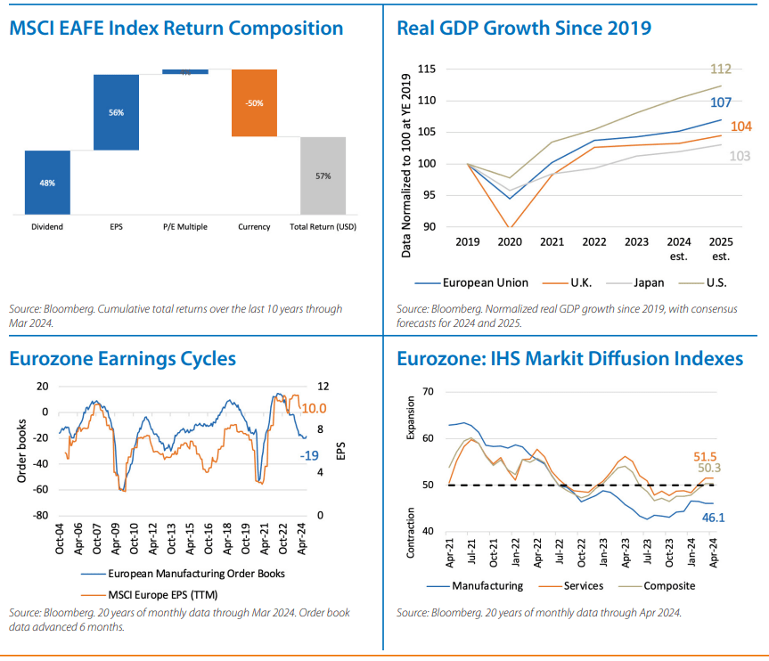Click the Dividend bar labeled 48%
point(47,183)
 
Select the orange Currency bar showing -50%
point(254,103)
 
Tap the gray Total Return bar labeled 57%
point(323,175)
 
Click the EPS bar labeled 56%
point(116,112)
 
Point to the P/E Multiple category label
point(184,227)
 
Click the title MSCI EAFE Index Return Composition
point(176,28)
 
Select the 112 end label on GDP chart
point(721,69)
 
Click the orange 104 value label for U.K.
point(740,126)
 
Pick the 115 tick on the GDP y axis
point(425,69)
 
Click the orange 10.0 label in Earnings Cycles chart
point(315,409)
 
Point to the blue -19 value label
point(307,455)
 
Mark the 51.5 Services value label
point(707,457)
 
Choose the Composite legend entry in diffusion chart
point(668,585)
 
